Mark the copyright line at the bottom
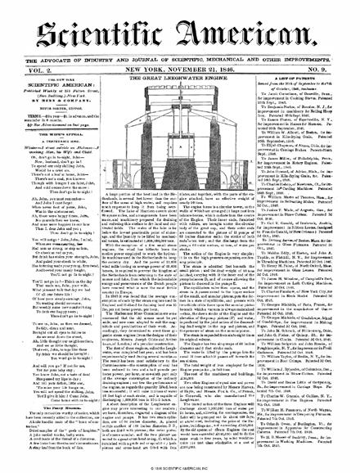(179, 466)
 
